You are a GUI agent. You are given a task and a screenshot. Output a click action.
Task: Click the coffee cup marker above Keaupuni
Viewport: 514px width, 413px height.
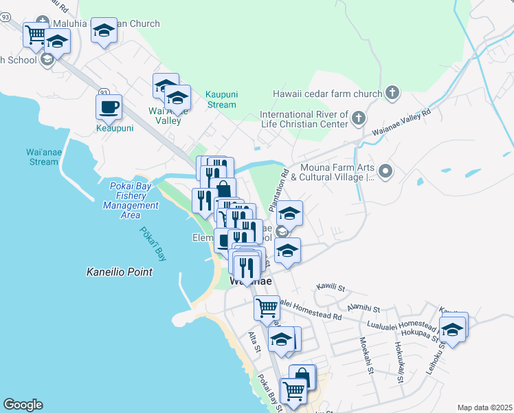click(109, 107)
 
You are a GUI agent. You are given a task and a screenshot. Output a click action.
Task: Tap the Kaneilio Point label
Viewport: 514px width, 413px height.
click(119, 272)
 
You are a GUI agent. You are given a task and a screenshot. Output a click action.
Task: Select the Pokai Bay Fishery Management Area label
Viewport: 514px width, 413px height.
click(130, 195)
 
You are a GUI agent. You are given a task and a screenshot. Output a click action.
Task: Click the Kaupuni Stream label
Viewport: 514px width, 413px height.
click(221, 99)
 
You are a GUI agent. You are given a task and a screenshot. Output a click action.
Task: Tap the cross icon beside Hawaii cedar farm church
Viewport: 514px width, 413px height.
click(392, 93)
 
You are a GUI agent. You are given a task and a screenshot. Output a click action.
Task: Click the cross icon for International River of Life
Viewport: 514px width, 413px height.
click(357, 119)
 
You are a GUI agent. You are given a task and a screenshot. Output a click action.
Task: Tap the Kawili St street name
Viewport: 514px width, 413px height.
click(329, 286)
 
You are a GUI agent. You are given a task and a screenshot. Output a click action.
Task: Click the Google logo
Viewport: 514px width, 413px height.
click(23, 405)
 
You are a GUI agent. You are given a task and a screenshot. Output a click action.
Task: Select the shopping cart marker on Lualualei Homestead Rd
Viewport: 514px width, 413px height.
click(267, 307)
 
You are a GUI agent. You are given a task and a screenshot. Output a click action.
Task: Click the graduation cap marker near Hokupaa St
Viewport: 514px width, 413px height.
click(452, 329)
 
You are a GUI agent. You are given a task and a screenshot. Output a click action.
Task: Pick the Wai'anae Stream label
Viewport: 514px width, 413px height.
click(34, 157)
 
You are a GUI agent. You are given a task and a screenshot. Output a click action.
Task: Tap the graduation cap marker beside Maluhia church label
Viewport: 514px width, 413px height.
click(104, 30)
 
